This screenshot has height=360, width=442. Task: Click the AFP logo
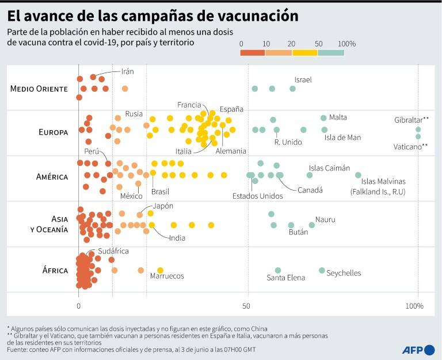tap(418, 350)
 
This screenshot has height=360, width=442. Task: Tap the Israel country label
tap(303, 80)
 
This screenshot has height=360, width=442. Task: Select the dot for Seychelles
tap(322, 270)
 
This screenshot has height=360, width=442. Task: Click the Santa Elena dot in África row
tap(278, 270)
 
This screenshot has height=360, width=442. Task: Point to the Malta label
tap(338, 117)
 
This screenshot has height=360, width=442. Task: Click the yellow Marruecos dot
tap(160, 270)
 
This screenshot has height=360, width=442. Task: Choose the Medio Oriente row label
tap(39, 89)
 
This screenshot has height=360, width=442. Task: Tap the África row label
tap(55, 270)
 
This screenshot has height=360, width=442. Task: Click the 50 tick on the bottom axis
tap(246, 306)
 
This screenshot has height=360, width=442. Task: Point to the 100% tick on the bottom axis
tap(414, 306)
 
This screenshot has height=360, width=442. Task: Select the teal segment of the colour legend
tap(331, 53)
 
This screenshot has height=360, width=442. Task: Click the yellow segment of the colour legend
tap(305, 53)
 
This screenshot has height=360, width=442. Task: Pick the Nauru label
tap(325, 219)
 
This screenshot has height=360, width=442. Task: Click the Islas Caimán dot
tap(310, 175)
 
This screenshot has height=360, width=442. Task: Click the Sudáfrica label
tap(113, 251)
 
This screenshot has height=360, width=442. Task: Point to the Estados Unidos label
tap(258, 196)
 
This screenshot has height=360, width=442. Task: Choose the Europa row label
tap(54, 132)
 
